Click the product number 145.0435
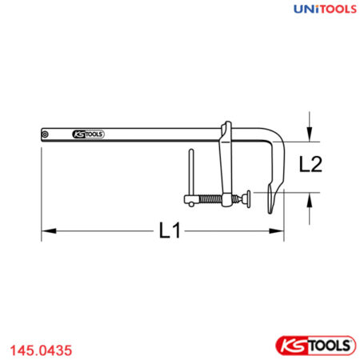41,349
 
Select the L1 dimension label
169,232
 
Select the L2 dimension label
310,165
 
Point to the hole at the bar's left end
47,134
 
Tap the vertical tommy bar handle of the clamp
191,171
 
